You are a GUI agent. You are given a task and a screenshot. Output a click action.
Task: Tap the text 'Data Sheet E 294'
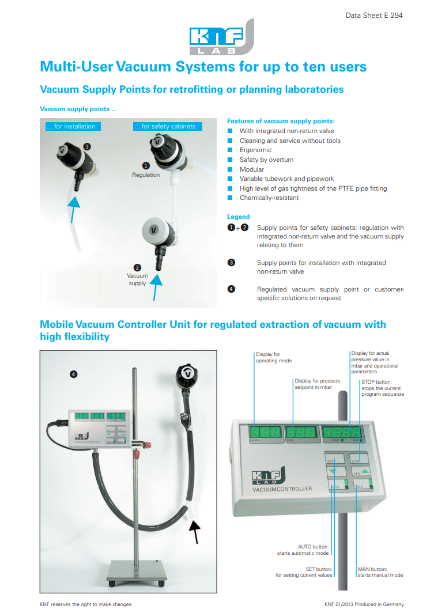(x=374, y=16)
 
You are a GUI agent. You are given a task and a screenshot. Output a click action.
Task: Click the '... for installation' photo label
(x=71, y=126)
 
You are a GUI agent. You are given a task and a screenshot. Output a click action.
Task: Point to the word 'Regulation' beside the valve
(x=146, y=175)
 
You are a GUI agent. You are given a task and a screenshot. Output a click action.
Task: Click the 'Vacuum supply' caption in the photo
(x=137, y=279)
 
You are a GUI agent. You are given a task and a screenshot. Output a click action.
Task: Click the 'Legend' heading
(x=239, y=217)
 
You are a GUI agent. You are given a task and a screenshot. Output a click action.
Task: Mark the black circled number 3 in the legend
(x=231, y=263)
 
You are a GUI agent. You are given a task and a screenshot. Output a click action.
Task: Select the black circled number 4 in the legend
(x=231, y=289)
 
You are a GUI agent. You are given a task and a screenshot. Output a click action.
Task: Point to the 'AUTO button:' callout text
(x=314, y=546)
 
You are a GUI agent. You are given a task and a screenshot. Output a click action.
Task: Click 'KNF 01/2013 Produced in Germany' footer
(x=363, y=604)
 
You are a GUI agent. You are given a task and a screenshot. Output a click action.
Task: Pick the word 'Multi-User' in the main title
(x=76, y=66)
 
